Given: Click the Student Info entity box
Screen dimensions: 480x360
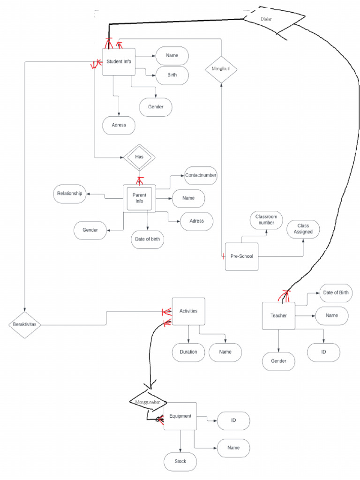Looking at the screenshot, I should point(119,61).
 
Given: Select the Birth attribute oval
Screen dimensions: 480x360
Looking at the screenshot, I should point(172,75).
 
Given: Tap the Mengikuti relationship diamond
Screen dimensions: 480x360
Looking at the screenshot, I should point(221,69).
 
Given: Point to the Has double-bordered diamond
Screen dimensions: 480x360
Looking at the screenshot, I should point(139,157).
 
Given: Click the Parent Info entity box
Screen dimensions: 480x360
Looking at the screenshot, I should point(139,198).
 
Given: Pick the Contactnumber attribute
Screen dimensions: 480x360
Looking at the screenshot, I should point(201,175).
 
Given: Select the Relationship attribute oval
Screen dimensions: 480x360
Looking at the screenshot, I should point(70,194).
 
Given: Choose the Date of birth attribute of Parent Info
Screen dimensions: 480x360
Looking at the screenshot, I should point(147,239).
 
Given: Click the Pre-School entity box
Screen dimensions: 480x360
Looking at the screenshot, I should point(241,256).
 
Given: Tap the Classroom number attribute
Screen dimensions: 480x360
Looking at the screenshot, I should point(266,220).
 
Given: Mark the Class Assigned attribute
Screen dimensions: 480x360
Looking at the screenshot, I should point(303,229).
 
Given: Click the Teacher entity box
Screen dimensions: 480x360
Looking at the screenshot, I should point(278,315).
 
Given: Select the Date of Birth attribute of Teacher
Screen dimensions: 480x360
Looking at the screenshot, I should point(336,293).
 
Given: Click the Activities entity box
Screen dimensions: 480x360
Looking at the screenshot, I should point(188,311).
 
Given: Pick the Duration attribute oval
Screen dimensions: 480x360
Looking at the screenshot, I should point(188,352).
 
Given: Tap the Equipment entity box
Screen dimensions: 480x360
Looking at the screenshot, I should point(180,416).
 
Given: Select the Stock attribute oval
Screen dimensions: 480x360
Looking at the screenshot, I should point(180,461).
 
